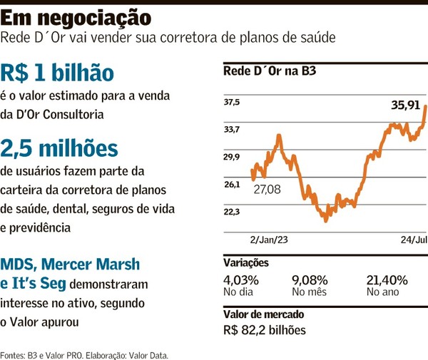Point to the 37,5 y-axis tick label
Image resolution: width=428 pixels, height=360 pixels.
pos(232,103)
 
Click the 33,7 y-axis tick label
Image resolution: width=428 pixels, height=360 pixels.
pos(232,129)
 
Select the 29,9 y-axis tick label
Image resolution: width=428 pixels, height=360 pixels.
pos(232,157)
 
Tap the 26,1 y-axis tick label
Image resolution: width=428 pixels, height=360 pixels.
pos(232,185)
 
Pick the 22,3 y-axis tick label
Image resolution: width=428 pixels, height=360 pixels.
pos(232,212)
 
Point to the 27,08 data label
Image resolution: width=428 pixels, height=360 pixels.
pos(267,189)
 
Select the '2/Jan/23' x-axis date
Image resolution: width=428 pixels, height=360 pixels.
pos(268,241)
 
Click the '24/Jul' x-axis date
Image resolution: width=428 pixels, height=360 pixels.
pos(412,241)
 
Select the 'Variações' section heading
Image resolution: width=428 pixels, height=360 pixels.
pos(246,263)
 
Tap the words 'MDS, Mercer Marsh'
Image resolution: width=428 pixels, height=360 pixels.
pos(70,263)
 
